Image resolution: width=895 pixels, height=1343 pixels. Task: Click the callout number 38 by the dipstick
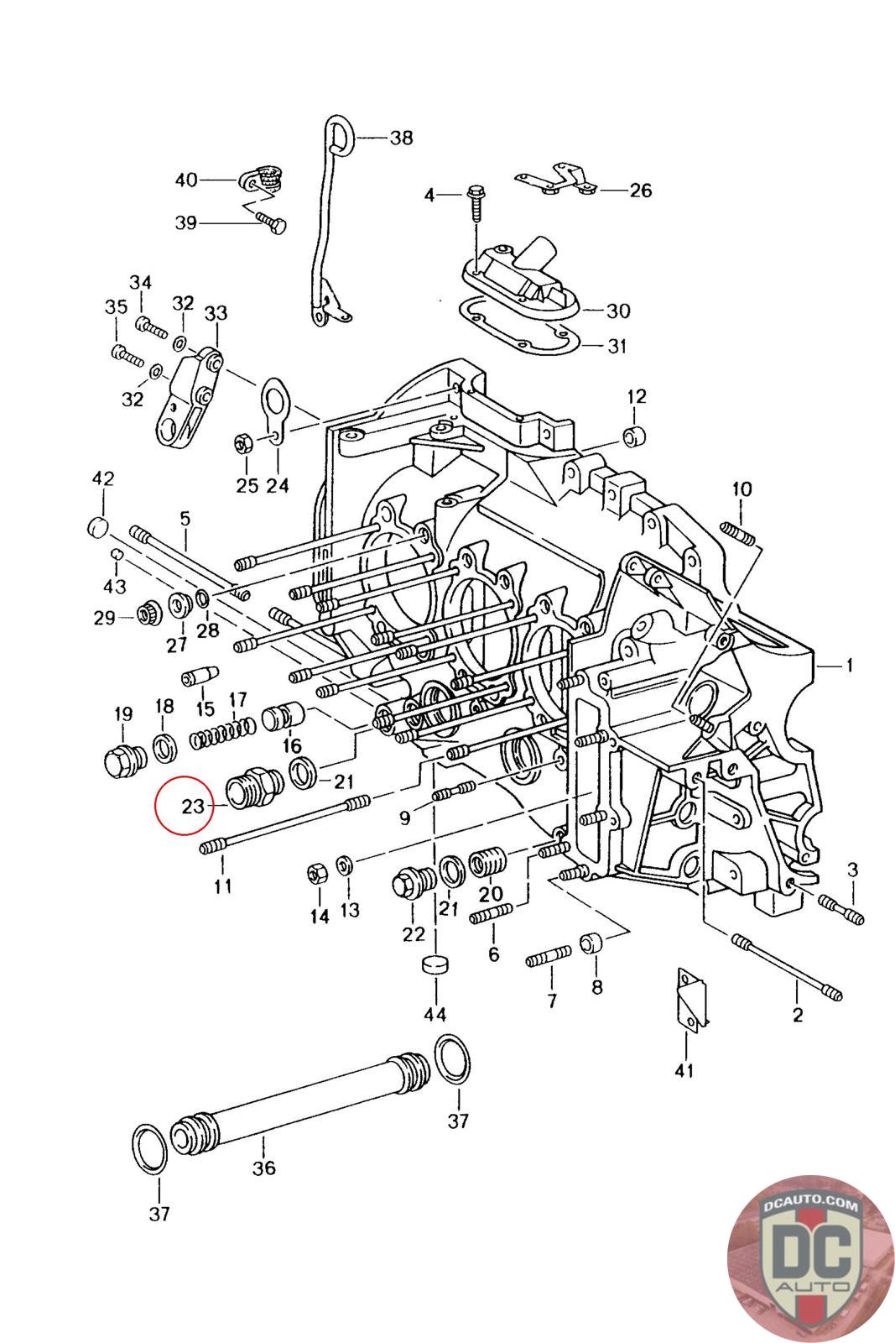pyautogui.click(x=402, y=138)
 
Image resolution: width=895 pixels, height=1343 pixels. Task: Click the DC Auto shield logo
pyautogui.click(x=811, y=1257)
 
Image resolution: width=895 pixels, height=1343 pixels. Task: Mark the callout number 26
pyautogui.click(x=640, y=191)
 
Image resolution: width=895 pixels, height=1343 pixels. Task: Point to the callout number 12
pyautogui.click(x=637, y=397)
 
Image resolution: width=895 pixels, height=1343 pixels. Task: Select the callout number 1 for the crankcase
pyautogui.click(x=849, y=666)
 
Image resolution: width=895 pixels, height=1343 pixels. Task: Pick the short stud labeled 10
pyautogui.click(x=739, y=534)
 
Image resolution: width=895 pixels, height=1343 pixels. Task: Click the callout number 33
pyautogui.click(x=216, y=313)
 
